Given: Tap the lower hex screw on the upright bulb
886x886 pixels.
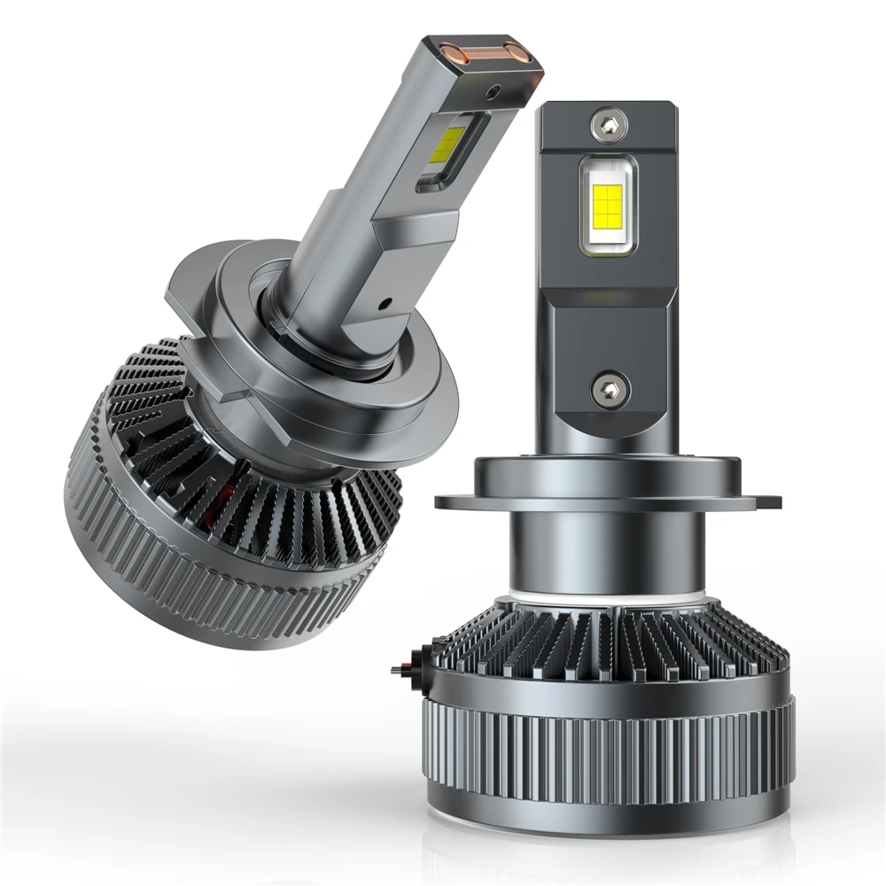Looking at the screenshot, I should click(610, 388).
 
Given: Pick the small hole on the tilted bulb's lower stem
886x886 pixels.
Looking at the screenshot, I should click(387, 303).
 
